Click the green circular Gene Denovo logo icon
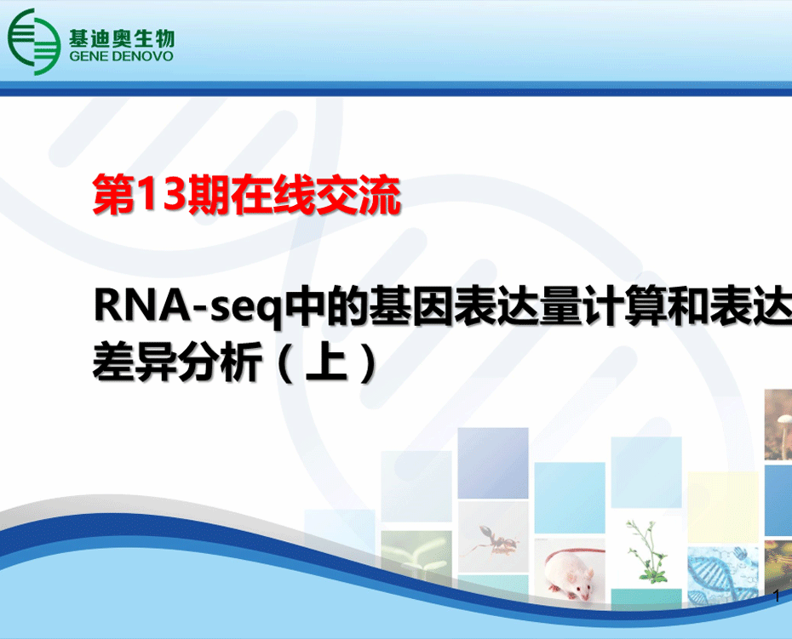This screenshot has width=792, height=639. tap(34, 42)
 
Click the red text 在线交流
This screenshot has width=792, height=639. tap(316, 195)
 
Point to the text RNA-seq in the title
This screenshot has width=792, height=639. tap(187, 306)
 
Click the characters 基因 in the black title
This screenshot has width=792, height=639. tap(410, 305)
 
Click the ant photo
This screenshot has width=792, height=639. tap(492, 537)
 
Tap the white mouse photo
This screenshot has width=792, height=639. tap(570, 569)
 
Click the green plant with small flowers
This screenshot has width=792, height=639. tap(646, 551)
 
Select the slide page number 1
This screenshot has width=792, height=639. tap(777, 596)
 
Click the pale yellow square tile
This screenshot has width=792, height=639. tap(723, 507)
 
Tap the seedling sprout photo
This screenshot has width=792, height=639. tap(416, 554)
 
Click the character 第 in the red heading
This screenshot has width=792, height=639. tap(114, 195)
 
